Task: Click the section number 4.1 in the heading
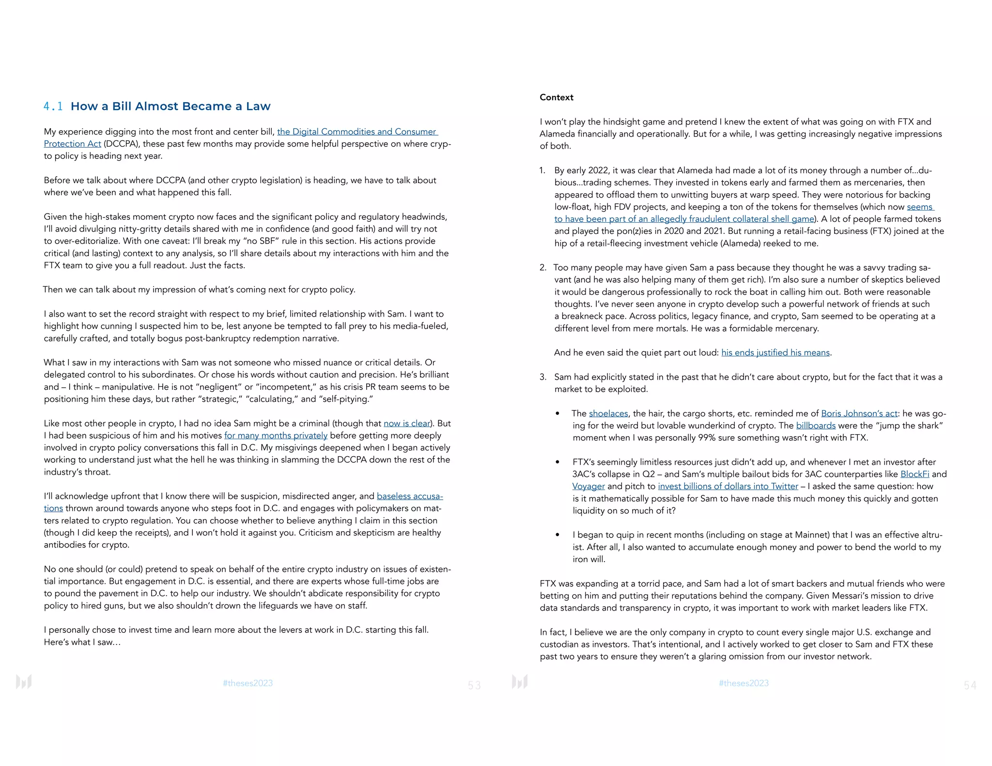(x=53, y=107)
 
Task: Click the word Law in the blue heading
(x=258, y=107)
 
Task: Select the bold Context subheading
(x=556, y=97)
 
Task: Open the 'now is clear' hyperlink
(x=407, y=423)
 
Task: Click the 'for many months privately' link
(x=276, y=435)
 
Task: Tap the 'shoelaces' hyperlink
(x=608, y=413)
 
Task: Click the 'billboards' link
(x=816, y=425)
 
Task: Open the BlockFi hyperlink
(x=914, y=474)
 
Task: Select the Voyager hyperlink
(x=588, y=486)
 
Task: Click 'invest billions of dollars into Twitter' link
(x=728, y=486)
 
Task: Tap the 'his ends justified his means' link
(x=775, y=352)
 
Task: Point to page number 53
(x=474, y=685)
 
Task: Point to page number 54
(x=970, y=685)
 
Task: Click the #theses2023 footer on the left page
(x=248, y=683)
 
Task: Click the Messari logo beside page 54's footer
(x=519, y=682)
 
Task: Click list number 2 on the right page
(x=542, y=267)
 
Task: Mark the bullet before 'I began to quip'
(x=558, y=535)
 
